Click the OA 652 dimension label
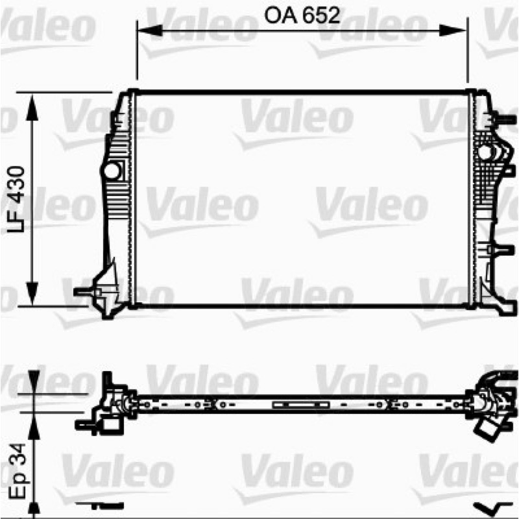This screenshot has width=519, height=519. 302,16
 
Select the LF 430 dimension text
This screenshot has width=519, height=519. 16,199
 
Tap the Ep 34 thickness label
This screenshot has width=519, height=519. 18,471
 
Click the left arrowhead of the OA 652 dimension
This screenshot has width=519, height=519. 150,30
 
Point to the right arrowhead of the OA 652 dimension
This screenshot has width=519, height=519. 453,30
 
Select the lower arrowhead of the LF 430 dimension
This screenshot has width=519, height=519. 32,293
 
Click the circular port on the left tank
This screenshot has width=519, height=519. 112,171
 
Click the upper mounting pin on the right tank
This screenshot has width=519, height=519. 505,119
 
